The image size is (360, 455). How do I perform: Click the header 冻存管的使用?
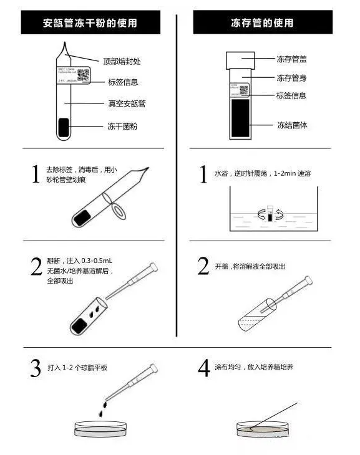pos(266,24)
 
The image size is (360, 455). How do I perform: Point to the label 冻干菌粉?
pos(122,127)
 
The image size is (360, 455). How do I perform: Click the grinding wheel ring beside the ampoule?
pos(117,211)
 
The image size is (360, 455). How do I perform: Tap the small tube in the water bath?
pos(270,214)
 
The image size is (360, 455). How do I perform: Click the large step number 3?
pos(36,368)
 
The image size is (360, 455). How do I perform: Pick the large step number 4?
pos(203,368)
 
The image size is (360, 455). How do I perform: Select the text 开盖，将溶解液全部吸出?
pos(250,266)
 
